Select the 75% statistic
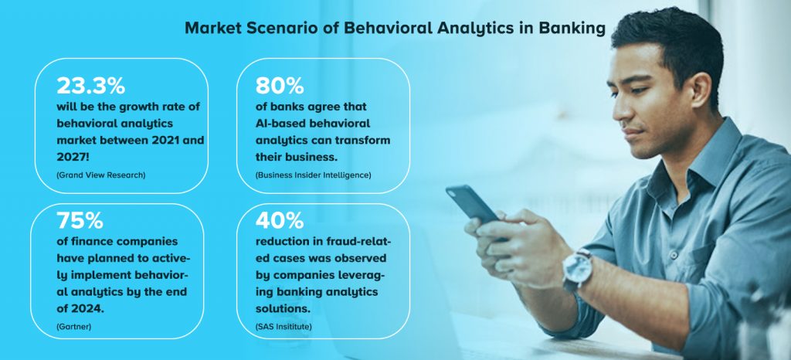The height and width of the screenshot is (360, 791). [x=80, y=221]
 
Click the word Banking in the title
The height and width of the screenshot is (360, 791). [x=571, y=29]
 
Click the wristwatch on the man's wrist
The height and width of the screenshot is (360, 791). [x=577, y=267]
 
